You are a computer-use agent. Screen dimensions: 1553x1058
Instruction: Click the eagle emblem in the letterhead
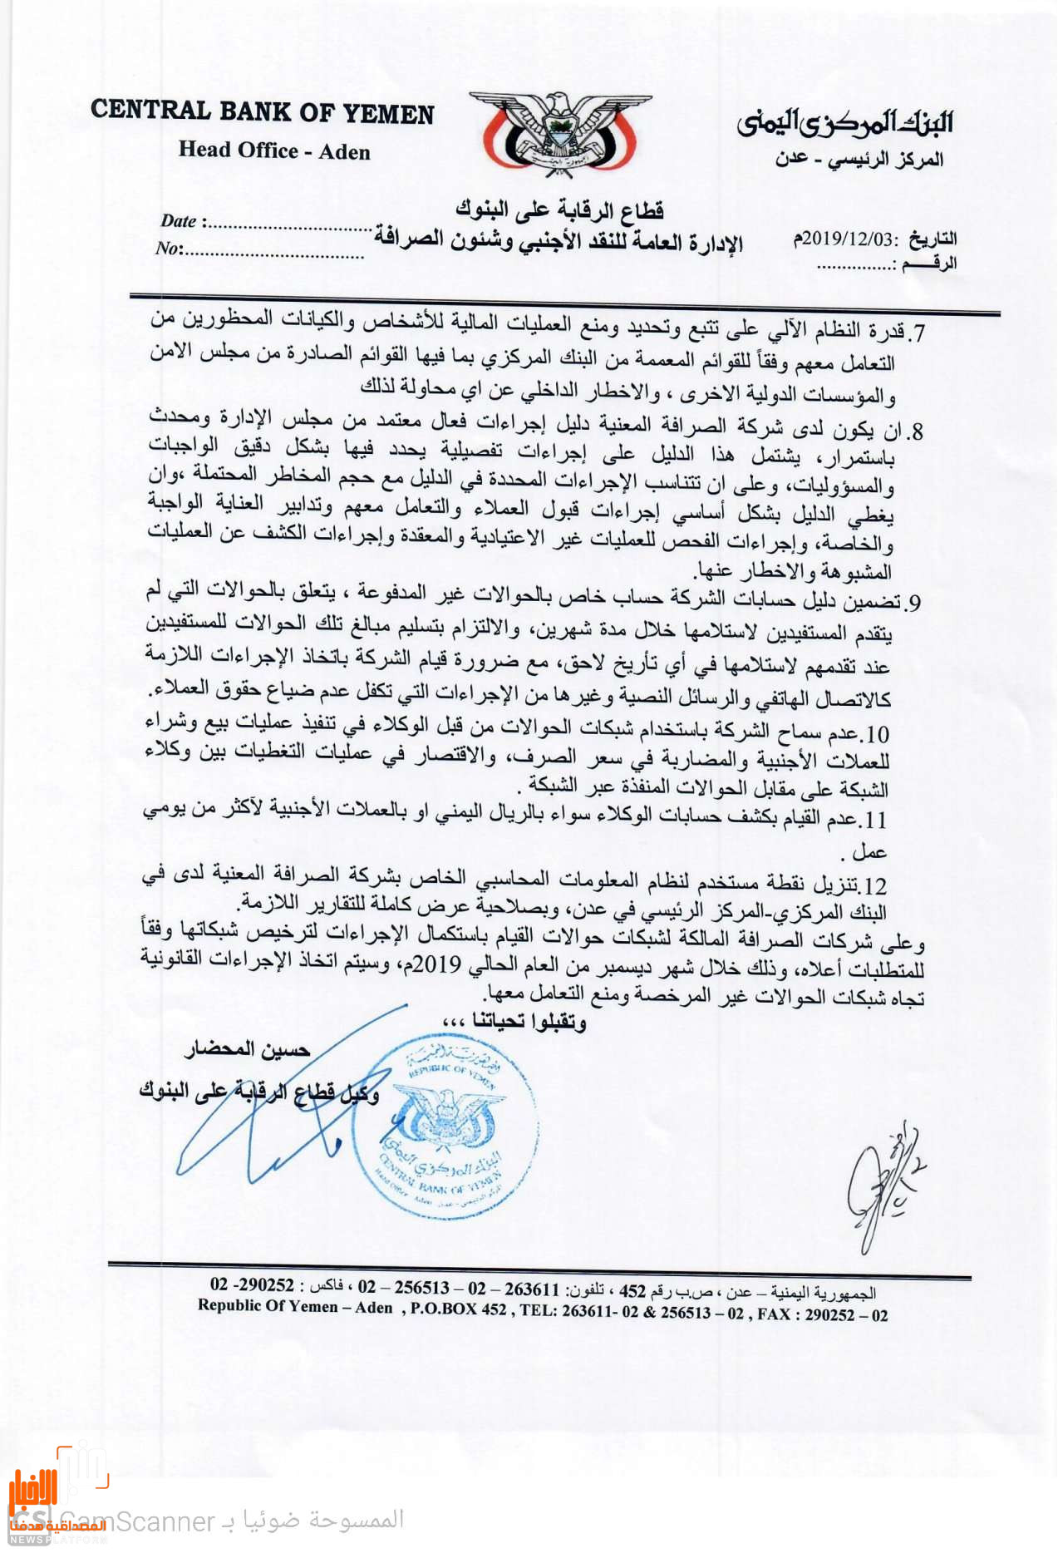tap(559, 133)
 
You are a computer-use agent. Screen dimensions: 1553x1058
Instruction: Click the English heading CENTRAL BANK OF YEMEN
tap(263, 112)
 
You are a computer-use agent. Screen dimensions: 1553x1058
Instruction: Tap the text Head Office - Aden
tap(274, 151)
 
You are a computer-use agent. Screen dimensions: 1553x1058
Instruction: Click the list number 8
tap(915, 432)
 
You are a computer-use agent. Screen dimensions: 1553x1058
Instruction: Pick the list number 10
tap(877, 735)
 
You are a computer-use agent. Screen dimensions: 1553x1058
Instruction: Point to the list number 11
tap(875, 821)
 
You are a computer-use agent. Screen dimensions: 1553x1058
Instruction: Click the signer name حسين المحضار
tap(248, 1050)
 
